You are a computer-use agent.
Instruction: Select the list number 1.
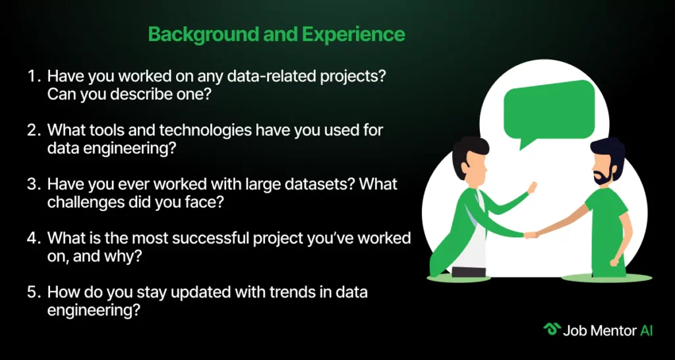(x=33, y=76)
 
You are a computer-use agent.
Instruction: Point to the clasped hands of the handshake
(x=531, y=233)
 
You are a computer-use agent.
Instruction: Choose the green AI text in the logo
(x=646, y=330)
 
